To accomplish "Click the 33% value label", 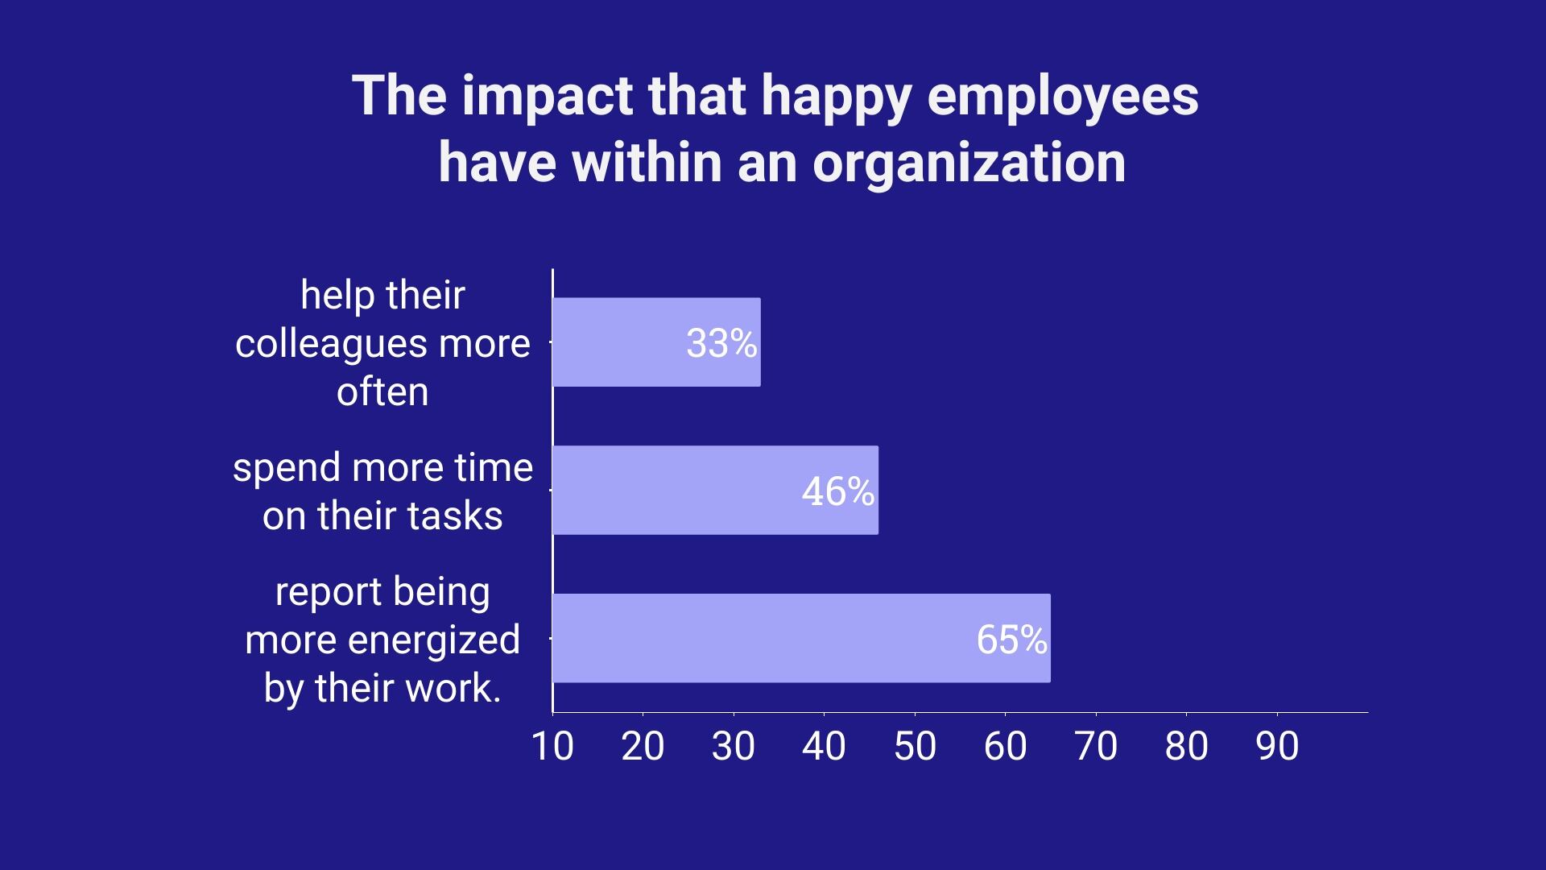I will coord(721,344).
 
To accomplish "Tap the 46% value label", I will coord(837,491).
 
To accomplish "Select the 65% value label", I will coord(1011,640).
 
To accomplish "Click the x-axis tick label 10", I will coord(552,747).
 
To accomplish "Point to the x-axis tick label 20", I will coord(643,747).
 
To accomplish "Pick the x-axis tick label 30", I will coord(734,747).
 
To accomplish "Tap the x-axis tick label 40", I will coord(824,747).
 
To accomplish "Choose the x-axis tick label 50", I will coord(915,747).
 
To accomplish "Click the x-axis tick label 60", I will coord(1005,747).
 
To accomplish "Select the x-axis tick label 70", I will coord(1096,747).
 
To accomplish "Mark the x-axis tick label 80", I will coord(1186,747).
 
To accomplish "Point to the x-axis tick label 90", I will coord(1277,747).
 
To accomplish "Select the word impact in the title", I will coord(548,97).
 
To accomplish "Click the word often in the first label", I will coord(382,393).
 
